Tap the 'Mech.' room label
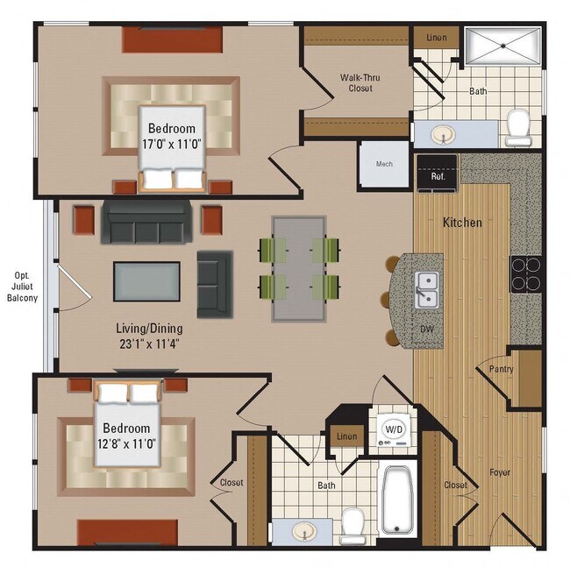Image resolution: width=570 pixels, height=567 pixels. coord(384,164)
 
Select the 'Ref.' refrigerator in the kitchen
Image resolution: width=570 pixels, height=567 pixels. coord(437,174)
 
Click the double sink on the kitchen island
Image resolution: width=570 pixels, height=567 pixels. coord(427,289)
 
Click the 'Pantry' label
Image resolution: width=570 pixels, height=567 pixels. coord(502,369)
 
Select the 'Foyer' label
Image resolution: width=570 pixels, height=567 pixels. coord(500,472)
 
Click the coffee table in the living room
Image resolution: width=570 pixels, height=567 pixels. coord(146,281)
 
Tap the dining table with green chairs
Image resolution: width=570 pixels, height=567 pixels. coord(298,267)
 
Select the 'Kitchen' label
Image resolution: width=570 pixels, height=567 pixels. coord(461,223)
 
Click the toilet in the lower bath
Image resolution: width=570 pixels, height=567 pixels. coord(353,523)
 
